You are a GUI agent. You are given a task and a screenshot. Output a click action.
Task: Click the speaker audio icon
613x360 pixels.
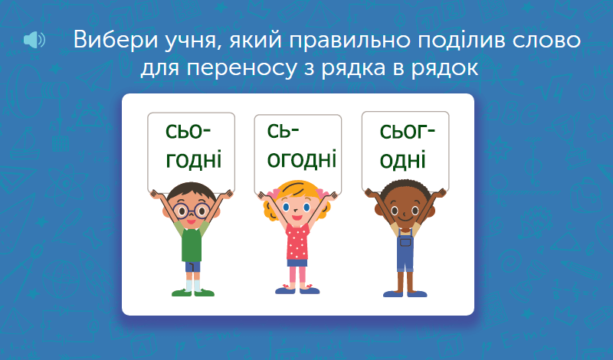[34, 40]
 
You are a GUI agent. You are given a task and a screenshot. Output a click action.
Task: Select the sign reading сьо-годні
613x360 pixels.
[191, 152]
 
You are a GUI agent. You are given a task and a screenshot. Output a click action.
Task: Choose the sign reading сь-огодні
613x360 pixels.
[298, 154]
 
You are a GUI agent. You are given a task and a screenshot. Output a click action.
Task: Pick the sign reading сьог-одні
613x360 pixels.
[405, 151]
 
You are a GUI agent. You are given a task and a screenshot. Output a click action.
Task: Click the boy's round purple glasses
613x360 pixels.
[192, 211]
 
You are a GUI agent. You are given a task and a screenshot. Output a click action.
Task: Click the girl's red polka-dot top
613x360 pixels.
[297, 242]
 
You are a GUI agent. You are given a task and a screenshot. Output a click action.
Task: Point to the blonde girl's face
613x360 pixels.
[297, 207]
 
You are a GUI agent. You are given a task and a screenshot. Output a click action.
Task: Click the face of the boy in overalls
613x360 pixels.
[405, 211]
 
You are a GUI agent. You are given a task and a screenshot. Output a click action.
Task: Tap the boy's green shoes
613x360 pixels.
[193, 293]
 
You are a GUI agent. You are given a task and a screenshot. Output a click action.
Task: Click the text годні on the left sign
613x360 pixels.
[194, 160]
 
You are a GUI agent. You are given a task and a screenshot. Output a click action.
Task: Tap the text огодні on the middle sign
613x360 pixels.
[301, 159]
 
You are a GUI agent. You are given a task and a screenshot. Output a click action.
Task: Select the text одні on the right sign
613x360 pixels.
[402, 161]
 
